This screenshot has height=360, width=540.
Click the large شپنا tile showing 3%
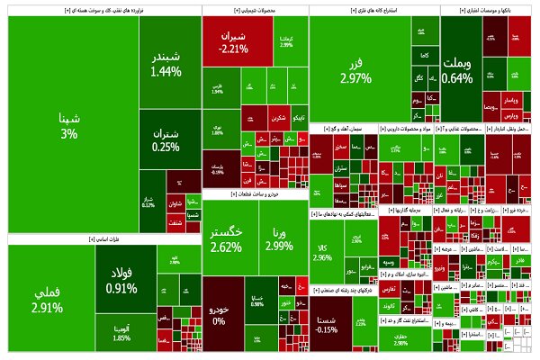pyautogui.click(x=70, y=124)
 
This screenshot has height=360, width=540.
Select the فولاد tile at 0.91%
pyautogui.click(x=121, y=279)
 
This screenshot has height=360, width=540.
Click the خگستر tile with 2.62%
pyautogui.click(x=225, y=238)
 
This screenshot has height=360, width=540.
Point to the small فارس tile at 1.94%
pyautogui.click(x=217, y=90)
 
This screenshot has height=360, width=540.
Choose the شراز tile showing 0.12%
pyautogui.click(x=148, y=202)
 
